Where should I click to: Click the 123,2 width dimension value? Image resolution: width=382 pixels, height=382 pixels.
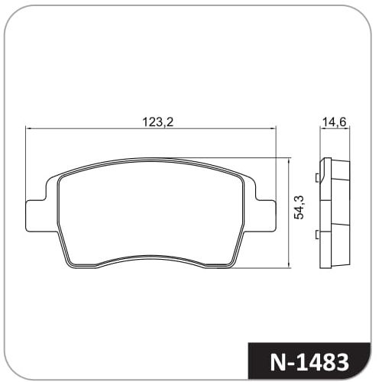tap(157, 122)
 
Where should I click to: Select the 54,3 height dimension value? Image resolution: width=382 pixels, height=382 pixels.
tap(299, 208)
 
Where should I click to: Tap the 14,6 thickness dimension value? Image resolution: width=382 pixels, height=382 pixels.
tap(335, 122)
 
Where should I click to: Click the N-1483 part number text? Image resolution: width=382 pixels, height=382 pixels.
tap(309, 362)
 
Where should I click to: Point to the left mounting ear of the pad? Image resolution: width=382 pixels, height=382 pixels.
tap(36, 216)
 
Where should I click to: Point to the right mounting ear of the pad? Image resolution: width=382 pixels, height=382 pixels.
tap(266, 216)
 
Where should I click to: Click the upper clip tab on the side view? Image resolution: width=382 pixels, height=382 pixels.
tap(317, 178)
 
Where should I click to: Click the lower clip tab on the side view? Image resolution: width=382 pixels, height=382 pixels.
tap(317, 235)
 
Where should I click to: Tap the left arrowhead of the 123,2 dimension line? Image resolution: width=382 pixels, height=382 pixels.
tap(28, 129)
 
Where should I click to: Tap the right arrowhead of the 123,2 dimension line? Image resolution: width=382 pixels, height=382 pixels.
tap(274, 129)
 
